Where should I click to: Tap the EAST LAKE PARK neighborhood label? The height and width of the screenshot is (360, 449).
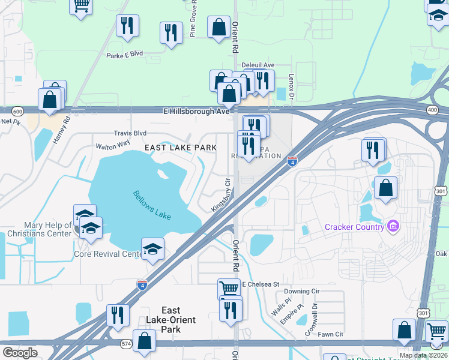pyautogui.click(x=180, y=147)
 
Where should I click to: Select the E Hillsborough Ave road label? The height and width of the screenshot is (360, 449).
pyautogui.click(x=196, y=112)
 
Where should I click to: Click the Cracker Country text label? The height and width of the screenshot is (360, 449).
pyautogui.click(x=354, y=227)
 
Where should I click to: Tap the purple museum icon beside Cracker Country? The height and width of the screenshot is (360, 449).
pyautogui.click(x=393, y=226)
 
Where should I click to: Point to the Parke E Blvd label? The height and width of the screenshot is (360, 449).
pyautogui.click(x=124, y=53)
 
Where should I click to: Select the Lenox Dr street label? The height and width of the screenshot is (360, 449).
pyautogui.click(x=291, y=86)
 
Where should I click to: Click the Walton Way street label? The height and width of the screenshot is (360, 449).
pyautogui.click(x=112, y=145)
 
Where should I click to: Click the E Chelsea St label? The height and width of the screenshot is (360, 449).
pyautogui.click(x=261, y=284)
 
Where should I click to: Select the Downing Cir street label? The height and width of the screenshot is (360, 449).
pyautogui.click(x=302, y=291)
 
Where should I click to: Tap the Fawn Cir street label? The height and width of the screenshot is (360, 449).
pyautogui.click(x=330, y=334)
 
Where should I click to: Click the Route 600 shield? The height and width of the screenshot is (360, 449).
pyautogui.click(x=17, y=111)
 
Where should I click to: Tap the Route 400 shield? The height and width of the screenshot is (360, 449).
pyautogui.click(x=432, y=110)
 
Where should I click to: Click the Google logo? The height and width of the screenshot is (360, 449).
pyautogui.click(x=20, y=352)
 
